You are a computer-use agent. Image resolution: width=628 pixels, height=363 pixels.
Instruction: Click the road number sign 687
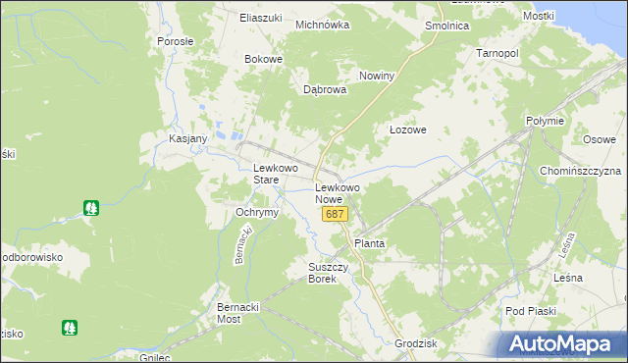click(x=335, y=214)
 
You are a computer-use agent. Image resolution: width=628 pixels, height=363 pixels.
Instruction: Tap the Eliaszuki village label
click(x=260, y=18)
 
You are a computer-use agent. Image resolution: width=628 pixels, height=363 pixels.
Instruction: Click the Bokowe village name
click(x=263, y=59)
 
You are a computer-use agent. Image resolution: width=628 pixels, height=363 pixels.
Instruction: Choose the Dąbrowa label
click(x=325, y=89)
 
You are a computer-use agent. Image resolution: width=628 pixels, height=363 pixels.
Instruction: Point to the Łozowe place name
click(x=407, y=130)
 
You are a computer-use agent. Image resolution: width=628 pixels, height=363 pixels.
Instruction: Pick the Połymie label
click(x=545, y=121)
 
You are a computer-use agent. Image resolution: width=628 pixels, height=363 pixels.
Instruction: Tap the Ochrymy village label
click(x=258, y=212)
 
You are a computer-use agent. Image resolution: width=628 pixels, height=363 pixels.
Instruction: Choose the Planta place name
click(x=369, y=243)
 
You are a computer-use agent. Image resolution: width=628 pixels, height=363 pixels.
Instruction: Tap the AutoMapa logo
click(x=563, y=344)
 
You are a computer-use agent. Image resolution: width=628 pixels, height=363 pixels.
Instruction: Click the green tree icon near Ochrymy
click(x=91, y=208)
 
